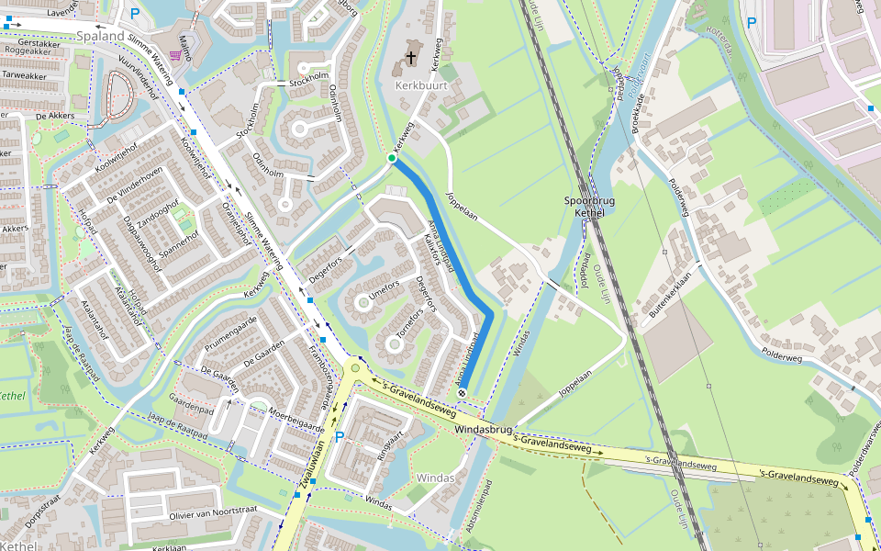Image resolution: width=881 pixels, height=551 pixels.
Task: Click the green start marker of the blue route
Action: point(392,159)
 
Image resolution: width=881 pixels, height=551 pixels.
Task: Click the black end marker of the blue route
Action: point(462,393)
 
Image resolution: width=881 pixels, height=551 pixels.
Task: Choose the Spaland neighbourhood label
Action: point(100,37)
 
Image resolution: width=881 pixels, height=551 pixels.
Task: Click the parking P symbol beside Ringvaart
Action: point(339,436)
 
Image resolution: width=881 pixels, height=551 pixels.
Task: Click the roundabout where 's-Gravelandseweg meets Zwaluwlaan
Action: point(355,368)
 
